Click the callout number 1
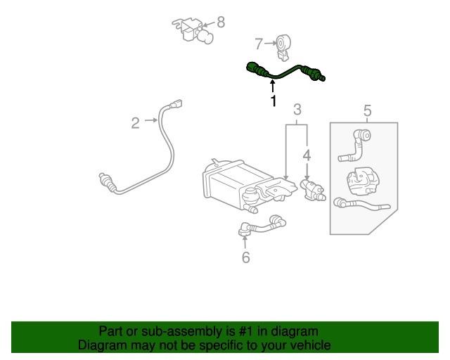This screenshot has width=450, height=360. click(x=274, y=101)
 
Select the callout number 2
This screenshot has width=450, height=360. click(x=135, y=123)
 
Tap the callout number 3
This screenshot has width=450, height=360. click(x=297, y=109)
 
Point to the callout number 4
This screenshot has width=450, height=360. click(x=307, y=154)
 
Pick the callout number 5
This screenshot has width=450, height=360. click(x=366, y=110)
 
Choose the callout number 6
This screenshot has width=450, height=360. click(x=245, y=258)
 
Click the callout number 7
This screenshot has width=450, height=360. click(x=258, y=44)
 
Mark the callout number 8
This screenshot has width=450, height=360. click(x=221, y=22)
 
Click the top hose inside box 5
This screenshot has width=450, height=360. click(x=357, y=143)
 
